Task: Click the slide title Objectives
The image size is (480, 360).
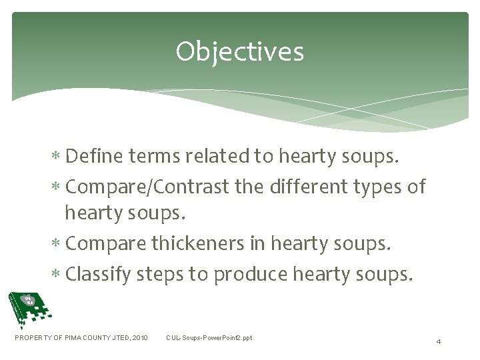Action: (239, 51)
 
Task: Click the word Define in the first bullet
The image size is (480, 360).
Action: (91, 157)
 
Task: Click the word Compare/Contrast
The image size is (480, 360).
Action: (150, 187)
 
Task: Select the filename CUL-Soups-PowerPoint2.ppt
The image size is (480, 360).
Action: (209, 338)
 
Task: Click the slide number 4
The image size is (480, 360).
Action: (438, 341)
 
